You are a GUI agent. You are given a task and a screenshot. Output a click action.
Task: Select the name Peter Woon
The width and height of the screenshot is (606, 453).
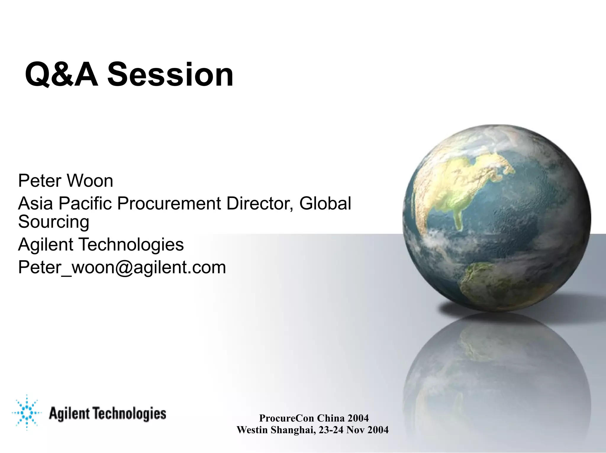coord(65,181)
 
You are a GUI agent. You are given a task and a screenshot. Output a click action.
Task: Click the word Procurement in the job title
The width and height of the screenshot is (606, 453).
coord(169,204)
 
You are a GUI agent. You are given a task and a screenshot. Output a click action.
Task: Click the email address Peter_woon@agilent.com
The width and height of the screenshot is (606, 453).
coord(122,267)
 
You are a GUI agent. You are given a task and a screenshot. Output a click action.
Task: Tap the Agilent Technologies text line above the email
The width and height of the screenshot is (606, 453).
coord(101,244)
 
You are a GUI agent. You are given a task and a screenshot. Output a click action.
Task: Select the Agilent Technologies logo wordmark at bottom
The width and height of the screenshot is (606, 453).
coord(107,413)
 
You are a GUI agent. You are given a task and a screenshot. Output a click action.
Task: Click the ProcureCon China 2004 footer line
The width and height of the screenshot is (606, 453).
coord(314,418)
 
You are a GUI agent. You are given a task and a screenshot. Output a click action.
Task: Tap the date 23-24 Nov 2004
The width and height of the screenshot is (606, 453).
coord(354,430)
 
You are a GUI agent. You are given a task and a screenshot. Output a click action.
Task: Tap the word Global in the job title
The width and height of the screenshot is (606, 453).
coord(325,204)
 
